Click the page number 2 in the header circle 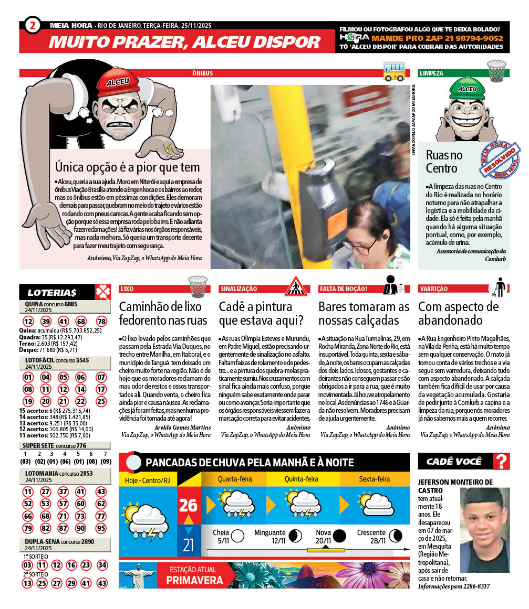(32, 25)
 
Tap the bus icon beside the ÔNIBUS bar (394, 70)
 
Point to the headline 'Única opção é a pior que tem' (128, 167)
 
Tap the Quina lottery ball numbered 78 (101, 322)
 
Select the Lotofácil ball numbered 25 (101, 401)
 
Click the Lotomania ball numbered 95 (101, 528)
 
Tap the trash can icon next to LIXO (198, 286)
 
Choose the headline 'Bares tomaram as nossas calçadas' (364, 313)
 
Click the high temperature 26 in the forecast (188, 505)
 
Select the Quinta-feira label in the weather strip (302, 479)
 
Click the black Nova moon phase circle (339, 536)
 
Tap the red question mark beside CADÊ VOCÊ (502, 462)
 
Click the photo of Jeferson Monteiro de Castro (484, 530)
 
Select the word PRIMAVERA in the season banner (194, 580)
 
